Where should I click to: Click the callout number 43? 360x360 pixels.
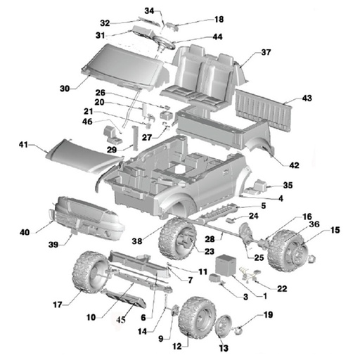coord(307,98)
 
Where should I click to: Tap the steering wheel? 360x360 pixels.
coord(164,43)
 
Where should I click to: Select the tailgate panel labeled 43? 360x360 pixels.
coord(264,110)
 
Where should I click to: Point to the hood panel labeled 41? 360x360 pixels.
coord(84,157)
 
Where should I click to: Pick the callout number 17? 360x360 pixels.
coord(58,305)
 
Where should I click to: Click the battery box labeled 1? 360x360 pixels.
coord(226,265)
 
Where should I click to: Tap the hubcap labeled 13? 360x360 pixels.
coord(223,328)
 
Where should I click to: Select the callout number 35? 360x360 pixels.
coord(288,185)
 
